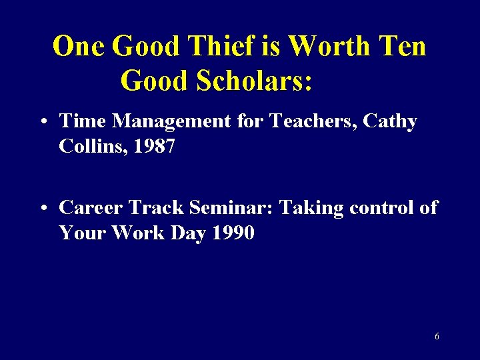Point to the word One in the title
[x=79, y=47]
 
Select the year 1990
[x=231, y=233]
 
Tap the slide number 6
[x=437, y=337]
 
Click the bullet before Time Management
[x=43, y=122]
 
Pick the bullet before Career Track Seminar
[x=43, y=209]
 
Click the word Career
[x=90, y=208]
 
